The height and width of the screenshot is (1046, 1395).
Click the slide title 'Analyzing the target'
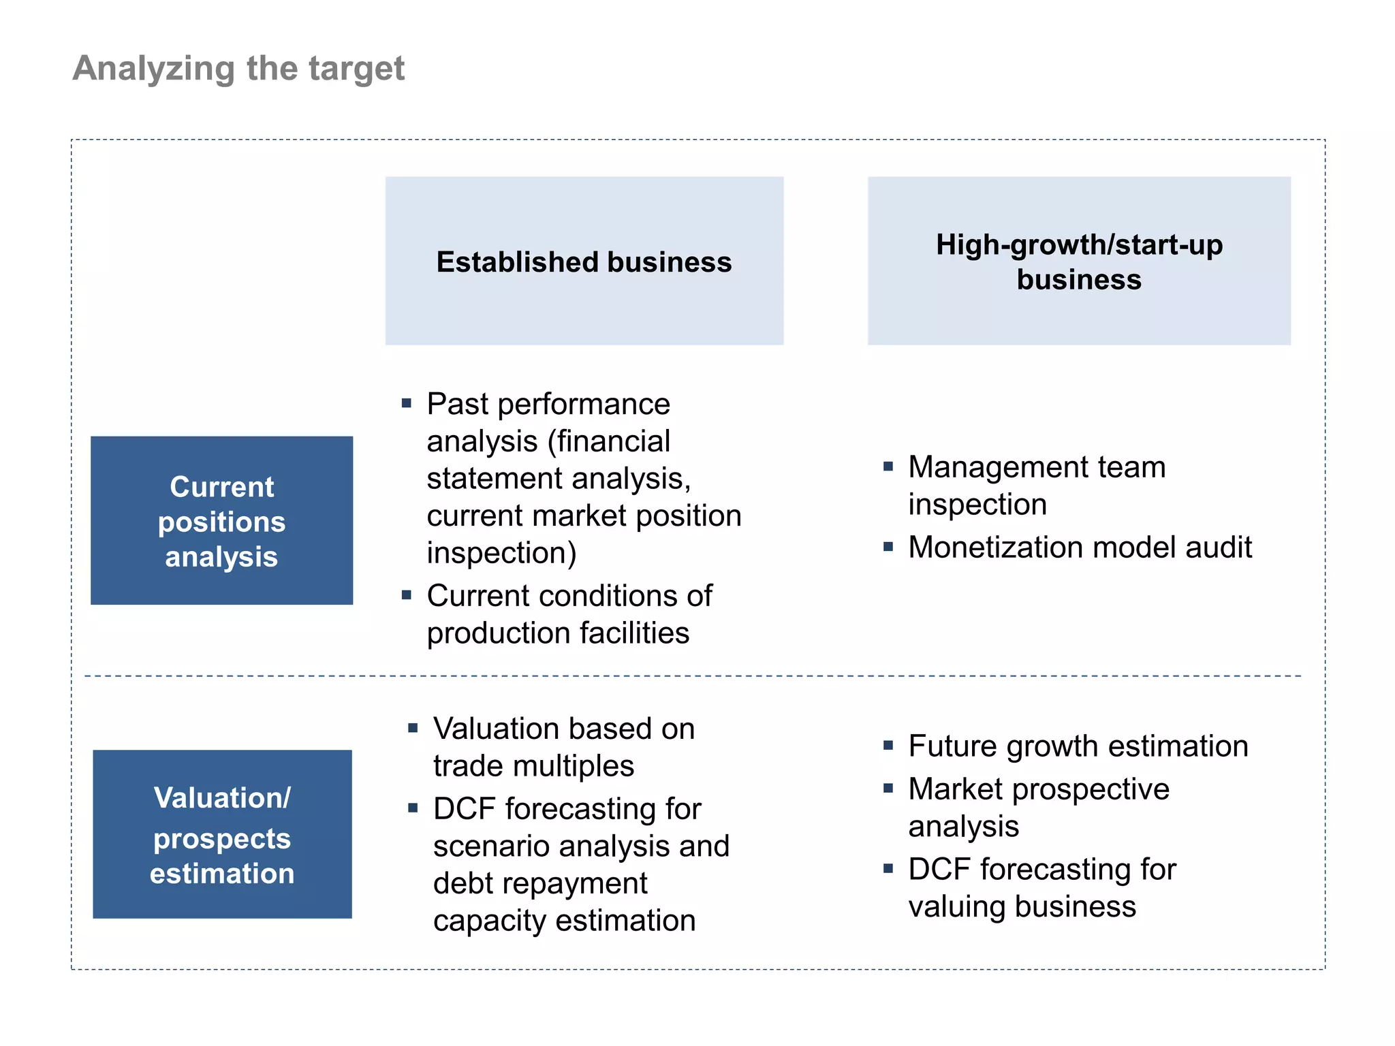coord(238,69)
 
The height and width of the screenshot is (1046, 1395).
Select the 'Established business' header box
coord(584,261)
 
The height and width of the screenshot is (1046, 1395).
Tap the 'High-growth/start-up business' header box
coord(1078,261)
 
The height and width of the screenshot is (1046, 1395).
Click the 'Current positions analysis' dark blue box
coord(221,521)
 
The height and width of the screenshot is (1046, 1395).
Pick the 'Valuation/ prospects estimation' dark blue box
coord(222,834)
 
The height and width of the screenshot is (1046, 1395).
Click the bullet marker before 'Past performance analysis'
coord(407,403)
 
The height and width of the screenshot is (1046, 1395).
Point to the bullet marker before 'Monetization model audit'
coord(888,547)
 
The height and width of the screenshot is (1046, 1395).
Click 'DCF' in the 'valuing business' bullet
coord(939,870)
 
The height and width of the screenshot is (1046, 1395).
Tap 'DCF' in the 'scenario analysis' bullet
coord(464,809)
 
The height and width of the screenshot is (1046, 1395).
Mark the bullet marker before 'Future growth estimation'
coord(888,746)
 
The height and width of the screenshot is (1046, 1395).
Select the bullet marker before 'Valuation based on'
coord(413,728)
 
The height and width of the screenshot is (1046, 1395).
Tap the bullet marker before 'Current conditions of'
coord(407,595)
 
